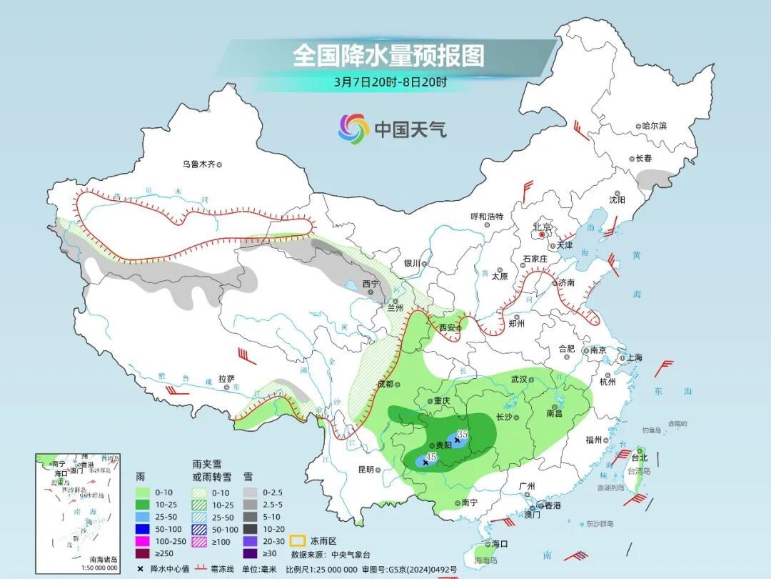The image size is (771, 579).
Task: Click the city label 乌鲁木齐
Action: pyautogui.click(x=198, y=164)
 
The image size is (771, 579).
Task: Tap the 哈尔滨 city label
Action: pyautogui.click(x=654, y=126)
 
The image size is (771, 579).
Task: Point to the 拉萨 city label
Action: pyautogui.click(x=226, y=379)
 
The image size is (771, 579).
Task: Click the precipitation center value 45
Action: pyautogui.click(x=430, y=457)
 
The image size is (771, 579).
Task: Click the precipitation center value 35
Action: pyautogui.click(x=462, y=434)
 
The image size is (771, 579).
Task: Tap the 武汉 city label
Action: pyautogui.click(x=518, y=380)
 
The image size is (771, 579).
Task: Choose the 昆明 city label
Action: pyautogui.click(x=366, y=469)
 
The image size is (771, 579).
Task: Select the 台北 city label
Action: pyautogui.click(x=640, y=457)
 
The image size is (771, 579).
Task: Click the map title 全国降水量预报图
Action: pyautogui.click(x=388, y=56)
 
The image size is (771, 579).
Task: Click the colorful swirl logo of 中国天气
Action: pyautogui.click(x=353, y=129)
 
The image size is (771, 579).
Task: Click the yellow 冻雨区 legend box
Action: pyautogui.click(x=299, y=540)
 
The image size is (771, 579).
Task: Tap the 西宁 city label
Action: pyautogui.click(x=370, y=284)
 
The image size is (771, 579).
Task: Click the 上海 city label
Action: pyautogui.click(x=633, y=357)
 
